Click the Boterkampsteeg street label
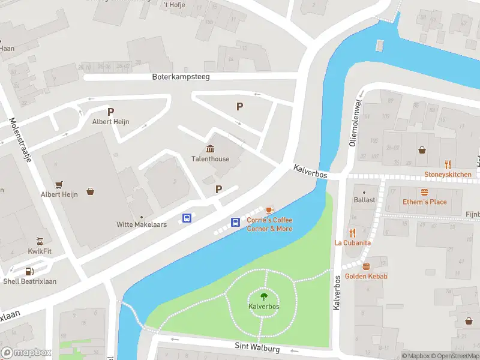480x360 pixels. pos(181,77)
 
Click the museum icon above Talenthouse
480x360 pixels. pos(211,149)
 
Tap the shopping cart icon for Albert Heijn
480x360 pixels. pos(59,184)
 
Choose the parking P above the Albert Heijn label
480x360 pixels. pos(110,112)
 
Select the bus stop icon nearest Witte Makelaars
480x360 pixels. pos(187,218)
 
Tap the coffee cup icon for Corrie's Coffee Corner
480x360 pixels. pos(269,210)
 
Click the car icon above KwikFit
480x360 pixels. pos(40,241)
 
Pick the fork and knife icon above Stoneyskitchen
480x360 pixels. pos(448,164)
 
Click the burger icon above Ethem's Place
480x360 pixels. pos(425,192)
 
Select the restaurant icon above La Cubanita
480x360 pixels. pos(352,233)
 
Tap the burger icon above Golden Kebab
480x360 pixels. pos(366,266)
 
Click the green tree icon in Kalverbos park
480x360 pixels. pos(263,296)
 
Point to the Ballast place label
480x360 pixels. pos(364,200)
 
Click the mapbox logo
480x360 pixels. pos(26,353)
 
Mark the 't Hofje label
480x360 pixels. pos(174,5)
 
